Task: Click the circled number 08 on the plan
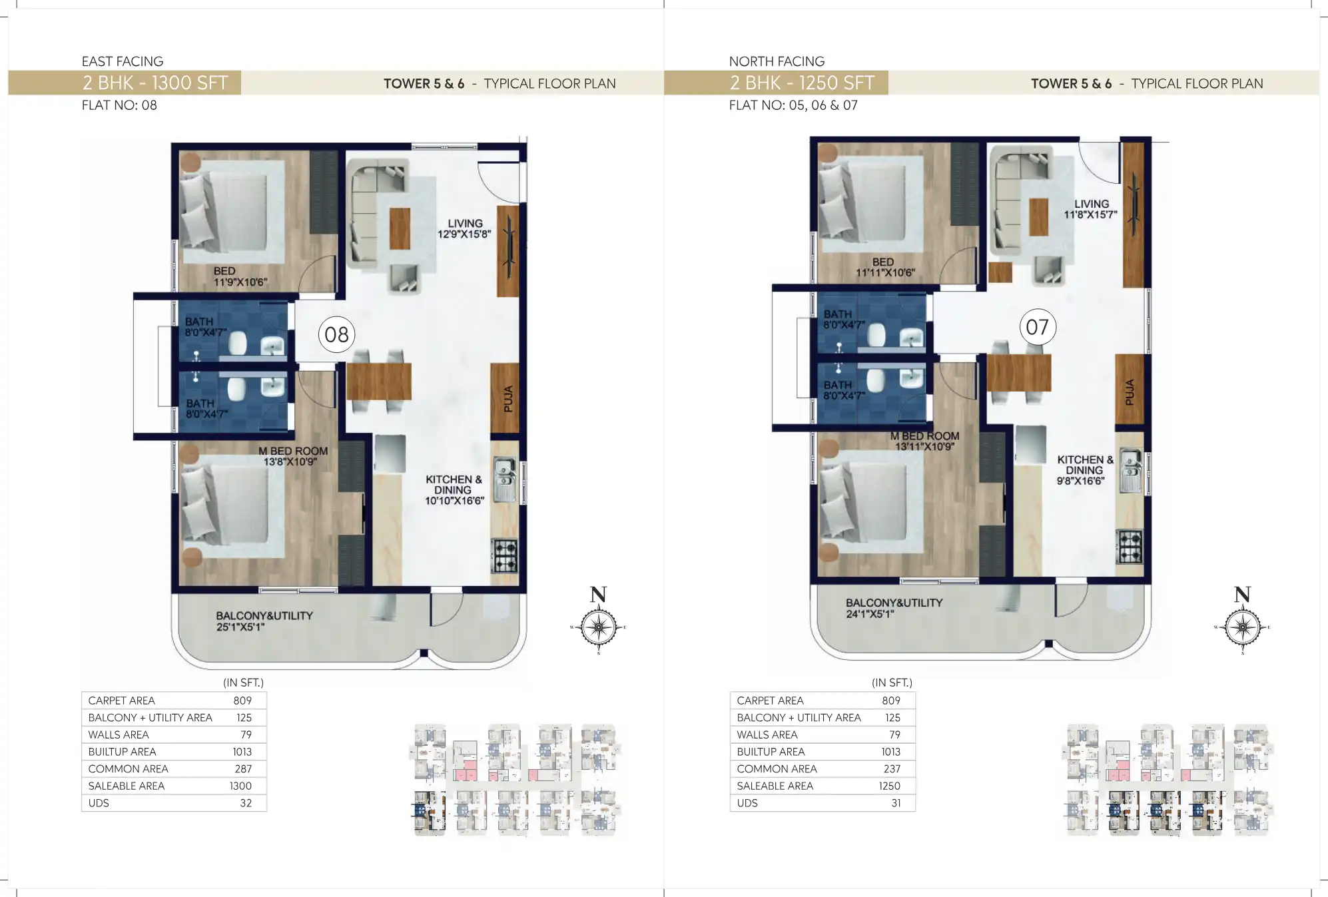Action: (x=336, y=334)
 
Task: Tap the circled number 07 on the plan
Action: (x=1037, y=327)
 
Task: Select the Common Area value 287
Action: (x=242, y=768)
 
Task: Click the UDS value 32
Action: (x=246, y=803)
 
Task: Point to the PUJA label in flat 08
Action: (x=507, y=398)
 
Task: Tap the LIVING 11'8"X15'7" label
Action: (x=1090, y=209)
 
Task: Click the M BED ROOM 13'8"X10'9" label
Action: (x=292, y=456)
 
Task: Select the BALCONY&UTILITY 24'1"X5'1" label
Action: (x=894, y=608)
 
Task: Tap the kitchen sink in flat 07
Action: (x=1130, y=470)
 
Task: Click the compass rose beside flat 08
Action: (x=598, y=627)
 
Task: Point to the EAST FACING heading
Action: (x=123, y=61)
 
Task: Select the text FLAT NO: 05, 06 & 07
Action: (x=793, y=105)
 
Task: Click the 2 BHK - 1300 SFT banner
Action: (x=155, y=83)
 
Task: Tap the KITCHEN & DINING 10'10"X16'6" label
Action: (x=454, y=490)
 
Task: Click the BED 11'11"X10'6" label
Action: (x=884, y=267)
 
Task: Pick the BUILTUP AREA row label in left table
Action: (x=122, y=752)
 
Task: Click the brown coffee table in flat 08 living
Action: (x=400, y=228)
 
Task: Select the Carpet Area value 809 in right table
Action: (x=890, y=701)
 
